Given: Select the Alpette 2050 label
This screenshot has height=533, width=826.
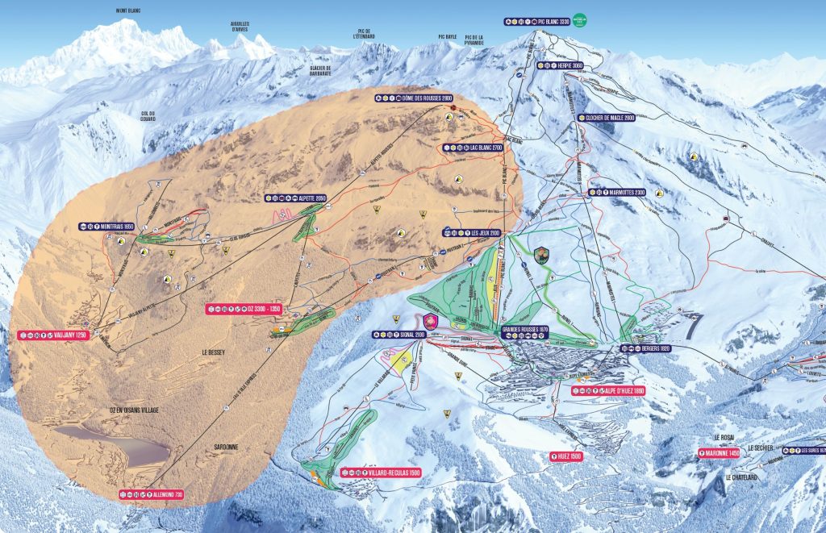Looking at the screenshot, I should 295,198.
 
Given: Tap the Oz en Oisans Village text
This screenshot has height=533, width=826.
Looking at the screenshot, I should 134,410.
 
